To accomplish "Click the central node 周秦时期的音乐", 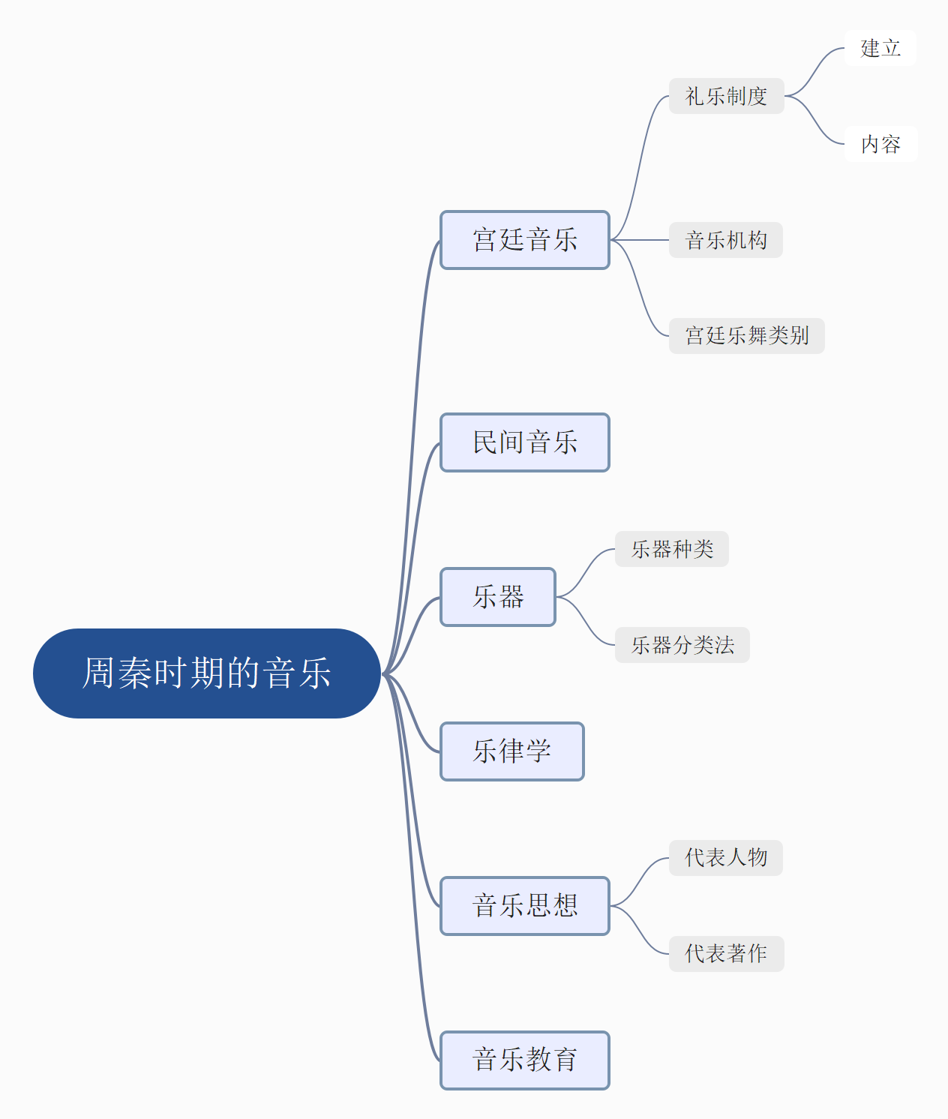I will pos(207,673).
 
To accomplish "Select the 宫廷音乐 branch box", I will pos(525,240).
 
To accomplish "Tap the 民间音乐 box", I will pos(525,442).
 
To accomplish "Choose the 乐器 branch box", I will pos(498,597).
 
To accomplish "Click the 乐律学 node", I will pos(512,751).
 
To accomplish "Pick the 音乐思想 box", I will pos(525,906).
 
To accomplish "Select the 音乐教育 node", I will pos(525,1060).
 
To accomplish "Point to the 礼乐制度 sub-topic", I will pos(726,96).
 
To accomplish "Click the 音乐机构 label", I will pos(725,240).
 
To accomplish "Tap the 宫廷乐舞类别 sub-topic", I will pos(746,336).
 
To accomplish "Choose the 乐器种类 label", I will pos(671,549).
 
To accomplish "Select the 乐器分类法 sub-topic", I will pos(682,645).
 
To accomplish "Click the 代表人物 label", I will pos(725,858).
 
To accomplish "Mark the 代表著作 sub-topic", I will pos(726,954).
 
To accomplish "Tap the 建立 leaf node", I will pos(880,48).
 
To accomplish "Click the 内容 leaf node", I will pos(880,144).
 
